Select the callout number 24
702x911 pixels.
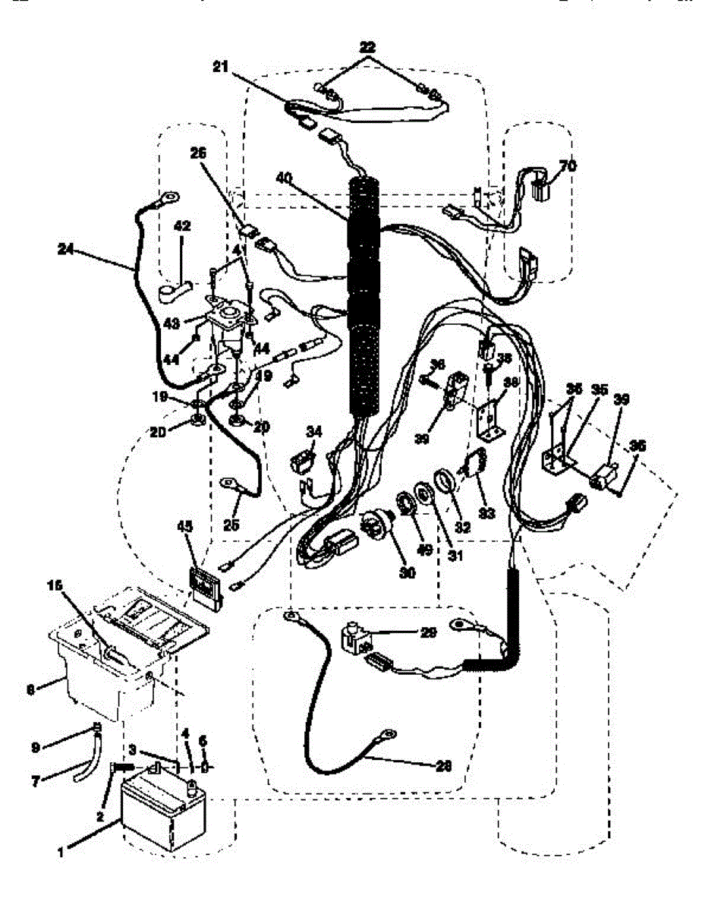pyautogui.click(x=67, y=248)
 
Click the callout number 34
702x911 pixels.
pyautogui.click(x=314, y=432)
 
